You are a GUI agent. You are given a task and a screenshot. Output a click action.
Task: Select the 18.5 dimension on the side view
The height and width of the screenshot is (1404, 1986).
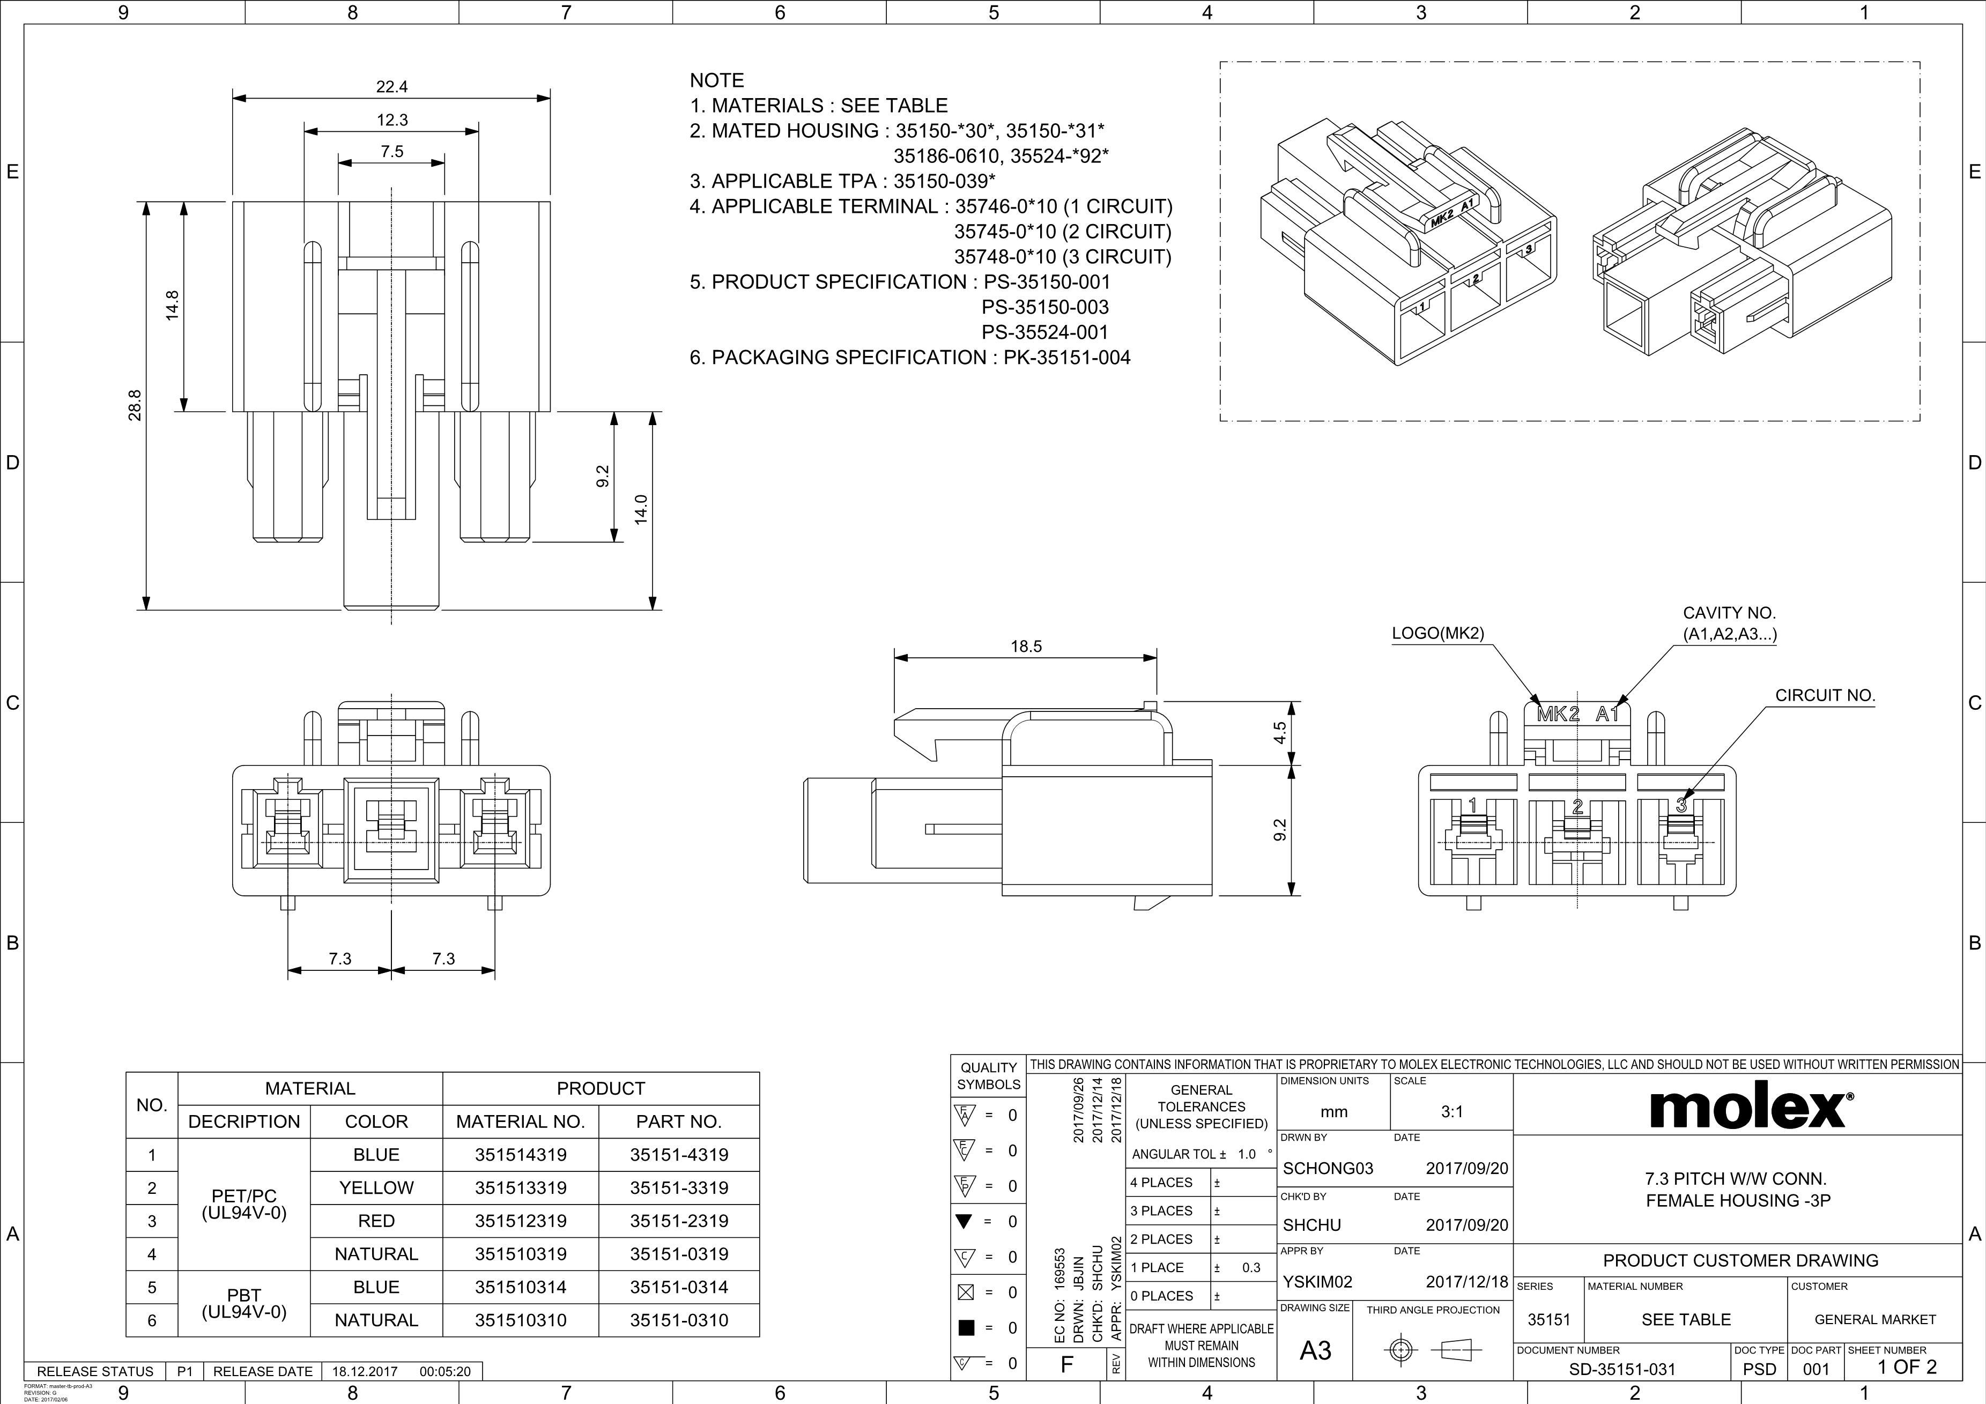[x=1026, y=646]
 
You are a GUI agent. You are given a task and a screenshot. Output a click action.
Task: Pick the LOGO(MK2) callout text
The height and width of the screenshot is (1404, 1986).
[x=1437, y=633]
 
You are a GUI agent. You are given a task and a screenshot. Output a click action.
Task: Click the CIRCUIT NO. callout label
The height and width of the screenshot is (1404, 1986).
[x=1825, y=695]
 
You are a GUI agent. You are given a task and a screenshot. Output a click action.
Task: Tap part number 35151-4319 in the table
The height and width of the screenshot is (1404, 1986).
[x=679, y=1155]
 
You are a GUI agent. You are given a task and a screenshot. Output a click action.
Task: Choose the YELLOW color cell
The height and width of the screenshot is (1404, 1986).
[x=376, y=1188]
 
